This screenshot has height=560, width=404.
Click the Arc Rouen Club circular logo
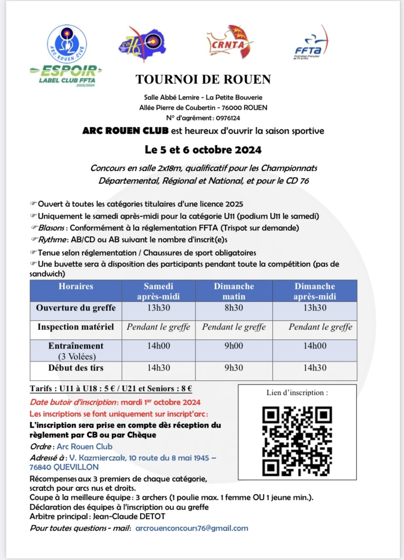67,44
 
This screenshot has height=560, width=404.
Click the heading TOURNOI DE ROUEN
203,79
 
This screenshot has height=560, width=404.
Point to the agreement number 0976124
225,118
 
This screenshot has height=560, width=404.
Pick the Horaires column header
76,286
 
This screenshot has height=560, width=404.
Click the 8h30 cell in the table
234,308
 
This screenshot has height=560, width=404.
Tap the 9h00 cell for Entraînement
234,346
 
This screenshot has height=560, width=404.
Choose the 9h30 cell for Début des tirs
234,368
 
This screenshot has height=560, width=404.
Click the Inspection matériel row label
76,327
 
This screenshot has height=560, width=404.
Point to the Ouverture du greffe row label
76,308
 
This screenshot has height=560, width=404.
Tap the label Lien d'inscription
297,393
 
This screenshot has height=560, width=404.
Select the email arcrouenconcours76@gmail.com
192,528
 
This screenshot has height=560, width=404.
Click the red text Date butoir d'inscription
73,403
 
